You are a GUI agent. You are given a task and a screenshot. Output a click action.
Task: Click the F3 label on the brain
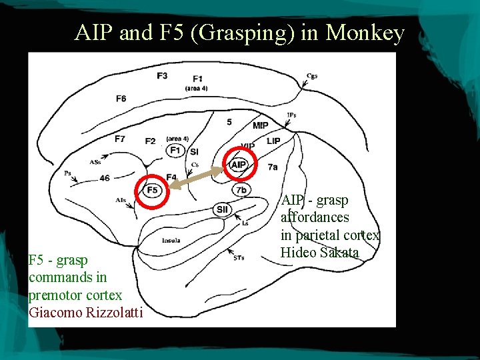pos(162,75)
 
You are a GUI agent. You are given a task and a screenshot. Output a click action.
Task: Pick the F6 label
pos(121,99)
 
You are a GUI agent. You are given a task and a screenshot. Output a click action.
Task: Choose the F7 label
pos(119,139)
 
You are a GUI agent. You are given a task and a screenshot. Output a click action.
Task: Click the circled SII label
pos(222,209)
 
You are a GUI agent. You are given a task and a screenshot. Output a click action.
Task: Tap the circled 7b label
pos(241,191)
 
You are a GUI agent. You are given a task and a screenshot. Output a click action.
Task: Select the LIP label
pos(273,141)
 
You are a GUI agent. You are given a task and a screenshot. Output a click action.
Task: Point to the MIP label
pos(261,125)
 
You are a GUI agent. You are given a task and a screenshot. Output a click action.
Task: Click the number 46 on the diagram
pos(104,178)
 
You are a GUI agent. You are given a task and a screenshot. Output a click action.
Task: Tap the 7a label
pos(273,167)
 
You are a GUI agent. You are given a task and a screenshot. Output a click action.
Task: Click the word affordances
pos(315,217)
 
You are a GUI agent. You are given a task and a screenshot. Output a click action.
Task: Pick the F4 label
pos(171,177)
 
